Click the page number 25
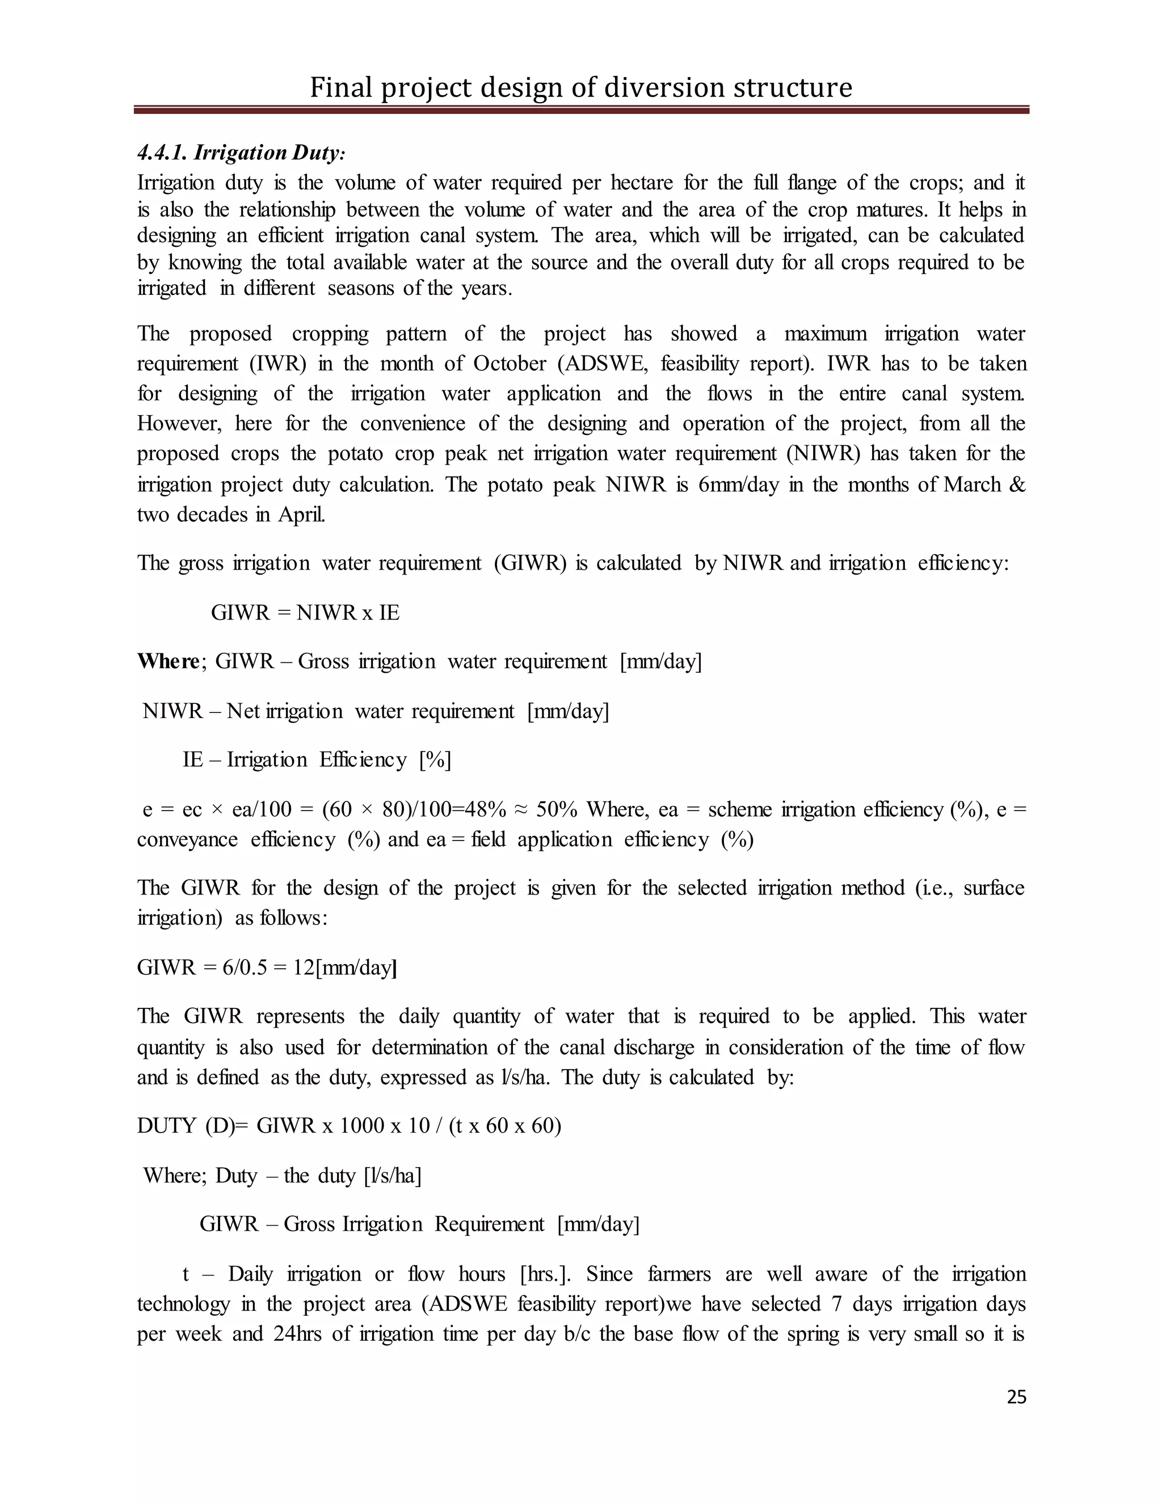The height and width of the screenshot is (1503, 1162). click(1016, 1397)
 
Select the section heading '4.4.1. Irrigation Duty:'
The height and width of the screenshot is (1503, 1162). click(241, 152)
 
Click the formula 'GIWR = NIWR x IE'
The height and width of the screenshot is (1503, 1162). click(305, 613)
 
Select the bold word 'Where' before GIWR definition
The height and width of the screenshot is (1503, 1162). click(168, 661)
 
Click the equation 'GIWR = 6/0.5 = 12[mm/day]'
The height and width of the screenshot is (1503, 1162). click(267, 968)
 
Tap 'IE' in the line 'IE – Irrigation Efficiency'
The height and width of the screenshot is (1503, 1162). click(192, 760)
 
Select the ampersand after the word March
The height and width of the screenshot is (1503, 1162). click(1016, 484)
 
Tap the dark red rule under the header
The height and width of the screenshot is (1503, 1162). click(581, 109)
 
